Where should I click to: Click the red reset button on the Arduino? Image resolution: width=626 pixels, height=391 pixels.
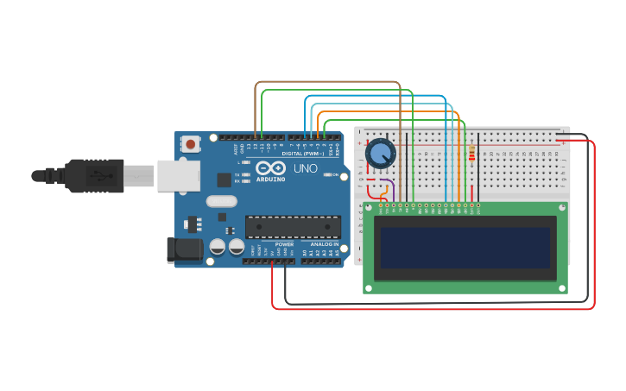click(190, 143)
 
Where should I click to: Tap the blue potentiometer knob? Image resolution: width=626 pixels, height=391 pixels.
click(381, 154)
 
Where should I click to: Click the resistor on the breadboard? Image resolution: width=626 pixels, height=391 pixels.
click(471, 155)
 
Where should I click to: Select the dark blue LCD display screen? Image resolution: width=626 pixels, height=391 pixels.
click(465, 248)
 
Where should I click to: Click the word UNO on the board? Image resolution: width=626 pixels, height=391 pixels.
click(305, 168)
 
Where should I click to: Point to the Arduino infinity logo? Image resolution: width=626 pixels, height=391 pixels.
click(270, 168)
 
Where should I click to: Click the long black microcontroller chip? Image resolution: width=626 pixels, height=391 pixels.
click(293, 227)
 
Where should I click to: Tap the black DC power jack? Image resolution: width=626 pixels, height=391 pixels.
click(184, 250)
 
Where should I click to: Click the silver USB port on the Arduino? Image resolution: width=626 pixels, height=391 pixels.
click(178, 175)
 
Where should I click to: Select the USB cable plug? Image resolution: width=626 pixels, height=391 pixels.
click(95, 176)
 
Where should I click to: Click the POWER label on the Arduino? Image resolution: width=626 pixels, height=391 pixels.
click(284, 244)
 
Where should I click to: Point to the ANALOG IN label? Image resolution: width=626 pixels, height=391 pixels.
click(325, 244)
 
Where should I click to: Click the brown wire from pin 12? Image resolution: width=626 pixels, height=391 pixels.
click(328, 82)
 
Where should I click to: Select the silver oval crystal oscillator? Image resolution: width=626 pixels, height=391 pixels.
click(221, 201)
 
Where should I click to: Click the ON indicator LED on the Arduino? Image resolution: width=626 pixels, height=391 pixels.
click(326, 174)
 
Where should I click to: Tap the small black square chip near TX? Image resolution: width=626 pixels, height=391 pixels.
click(224, 180)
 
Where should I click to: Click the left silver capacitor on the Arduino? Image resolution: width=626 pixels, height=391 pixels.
click(218, 247)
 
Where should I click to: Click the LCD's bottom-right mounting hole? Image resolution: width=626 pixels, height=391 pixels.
click(562, 287)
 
